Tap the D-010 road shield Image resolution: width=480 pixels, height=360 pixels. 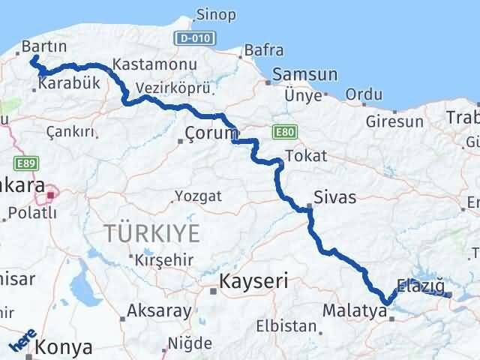tap(197, 37)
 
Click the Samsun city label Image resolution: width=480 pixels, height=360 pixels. tap(305, 75)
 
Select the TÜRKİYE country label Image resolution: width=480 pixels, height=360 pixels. tap(152, 233)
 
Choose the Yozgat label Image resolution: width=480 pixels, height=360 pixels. tap(198, 196)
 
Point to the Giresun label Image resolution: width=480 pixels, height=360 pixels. tap(394, 120)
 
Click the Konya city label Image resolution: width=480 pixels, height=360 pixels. tap(68, 347)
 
